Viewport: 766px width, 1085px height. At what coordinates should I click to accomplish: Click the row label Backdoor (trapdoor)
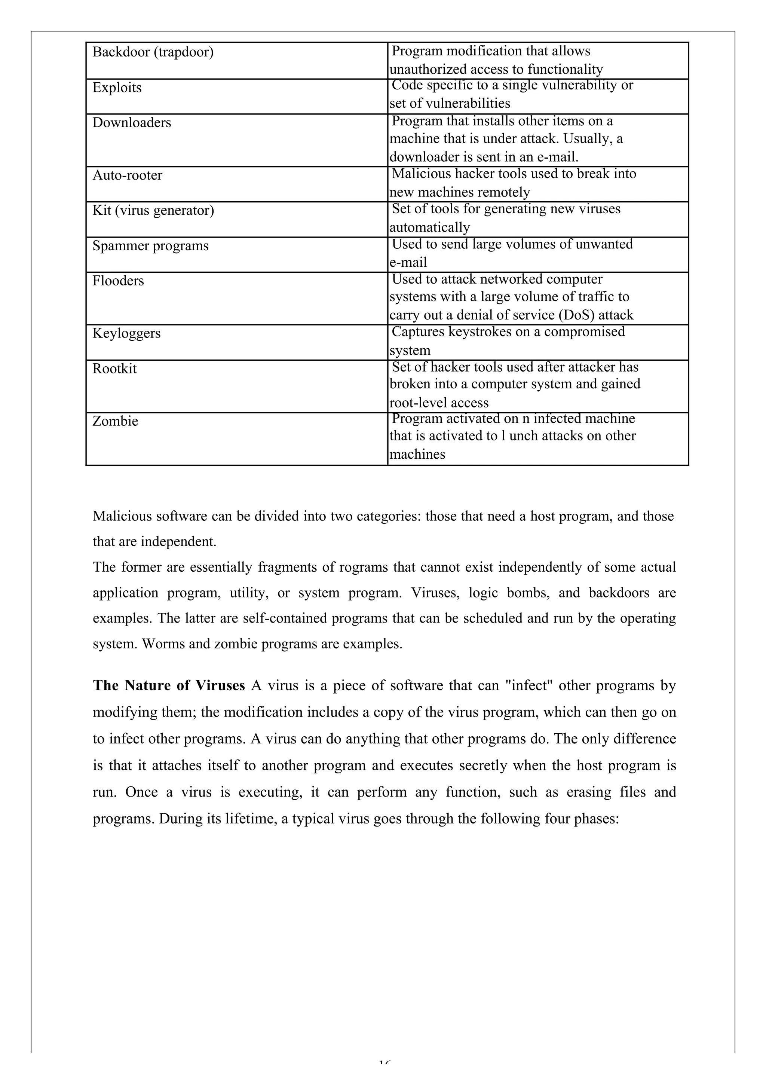tap(153, 52)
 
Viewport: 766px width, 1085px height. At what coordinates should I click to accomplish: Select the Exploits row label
tap(117, 88)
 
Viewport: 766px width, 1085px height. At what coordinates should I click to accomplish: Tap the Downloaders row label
tap(131, 123)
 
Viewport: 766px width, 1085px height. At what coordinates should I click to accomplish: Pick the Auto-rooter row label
tap(127, 175)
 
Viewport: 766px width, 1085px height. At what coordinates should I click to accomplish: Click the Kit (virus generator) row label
tap(153, 210)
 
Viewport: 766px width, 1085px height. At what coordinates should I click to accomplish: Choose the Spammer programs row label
tap(150, 246)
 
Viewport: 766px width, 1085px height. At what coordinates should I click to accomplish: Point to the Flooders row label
tap(118, 281)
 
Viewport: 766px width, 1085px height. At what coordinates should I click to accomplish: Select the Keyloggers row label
tap(126, 333)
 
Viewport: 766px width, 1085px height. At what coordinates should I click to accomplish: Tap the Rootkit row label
tap(114, 369)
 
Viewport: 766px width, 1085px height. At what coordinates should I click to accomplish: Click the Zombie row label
tap(115, 421)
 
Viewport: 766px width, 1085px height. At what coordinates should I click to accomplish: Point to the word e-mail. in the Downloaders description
tap(558, 157)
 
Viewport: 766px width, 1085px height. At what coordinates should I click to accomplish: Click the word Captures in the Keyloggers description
tap(418, 332)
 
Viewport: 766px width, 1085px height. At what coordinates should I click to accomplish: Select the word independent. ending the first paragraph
tap(179, 541)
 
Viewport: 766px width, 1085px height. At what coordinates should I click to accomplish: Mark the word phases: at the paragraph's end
tap(596, 819)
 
